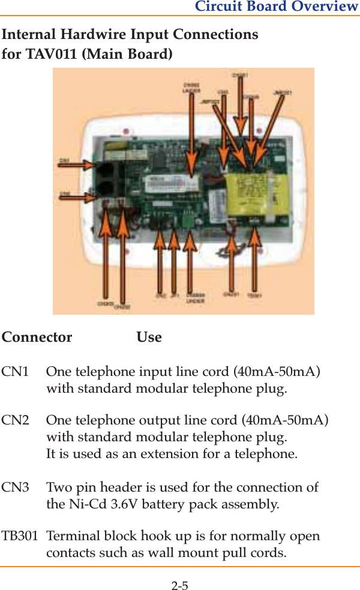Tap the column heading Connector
tap(37, 337)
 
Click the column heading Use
tap(149, 337)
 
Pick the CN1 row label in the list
tap(15, 372)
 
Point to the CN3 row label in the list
tap(15, 487)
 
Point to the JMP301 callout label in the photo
tap(282, 93)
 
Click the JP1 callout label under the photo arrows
tap(174, 295)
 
